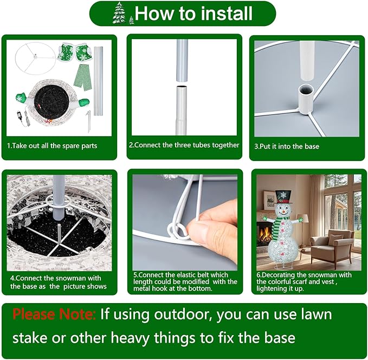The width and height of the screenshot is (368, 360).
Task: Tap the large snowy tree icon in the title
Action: [118, 13]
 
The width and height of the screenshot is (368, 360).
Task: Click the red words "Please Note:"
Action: [54, 314]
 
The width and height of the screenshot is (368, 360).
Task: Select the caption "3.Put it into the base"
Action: [287, 146]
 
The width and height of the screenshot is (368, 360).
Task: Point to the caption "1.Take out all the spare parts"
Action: [52, 146]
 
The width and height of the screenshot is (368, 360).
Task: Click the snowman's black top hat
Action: [283, 197]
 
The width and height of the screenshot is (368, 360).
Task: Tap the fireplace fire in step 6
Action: [262, 234]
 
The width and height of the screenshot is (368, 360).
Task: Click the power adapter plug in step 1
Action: [19, 115]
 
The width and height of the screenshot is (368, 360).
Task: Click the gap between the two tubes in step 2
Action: [182, 84]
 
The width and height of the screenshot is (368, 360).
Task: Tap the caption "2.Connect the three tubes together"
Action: [184, 145]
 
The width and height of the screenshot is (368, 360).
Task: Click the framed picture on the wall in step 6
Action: [268, 198]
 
